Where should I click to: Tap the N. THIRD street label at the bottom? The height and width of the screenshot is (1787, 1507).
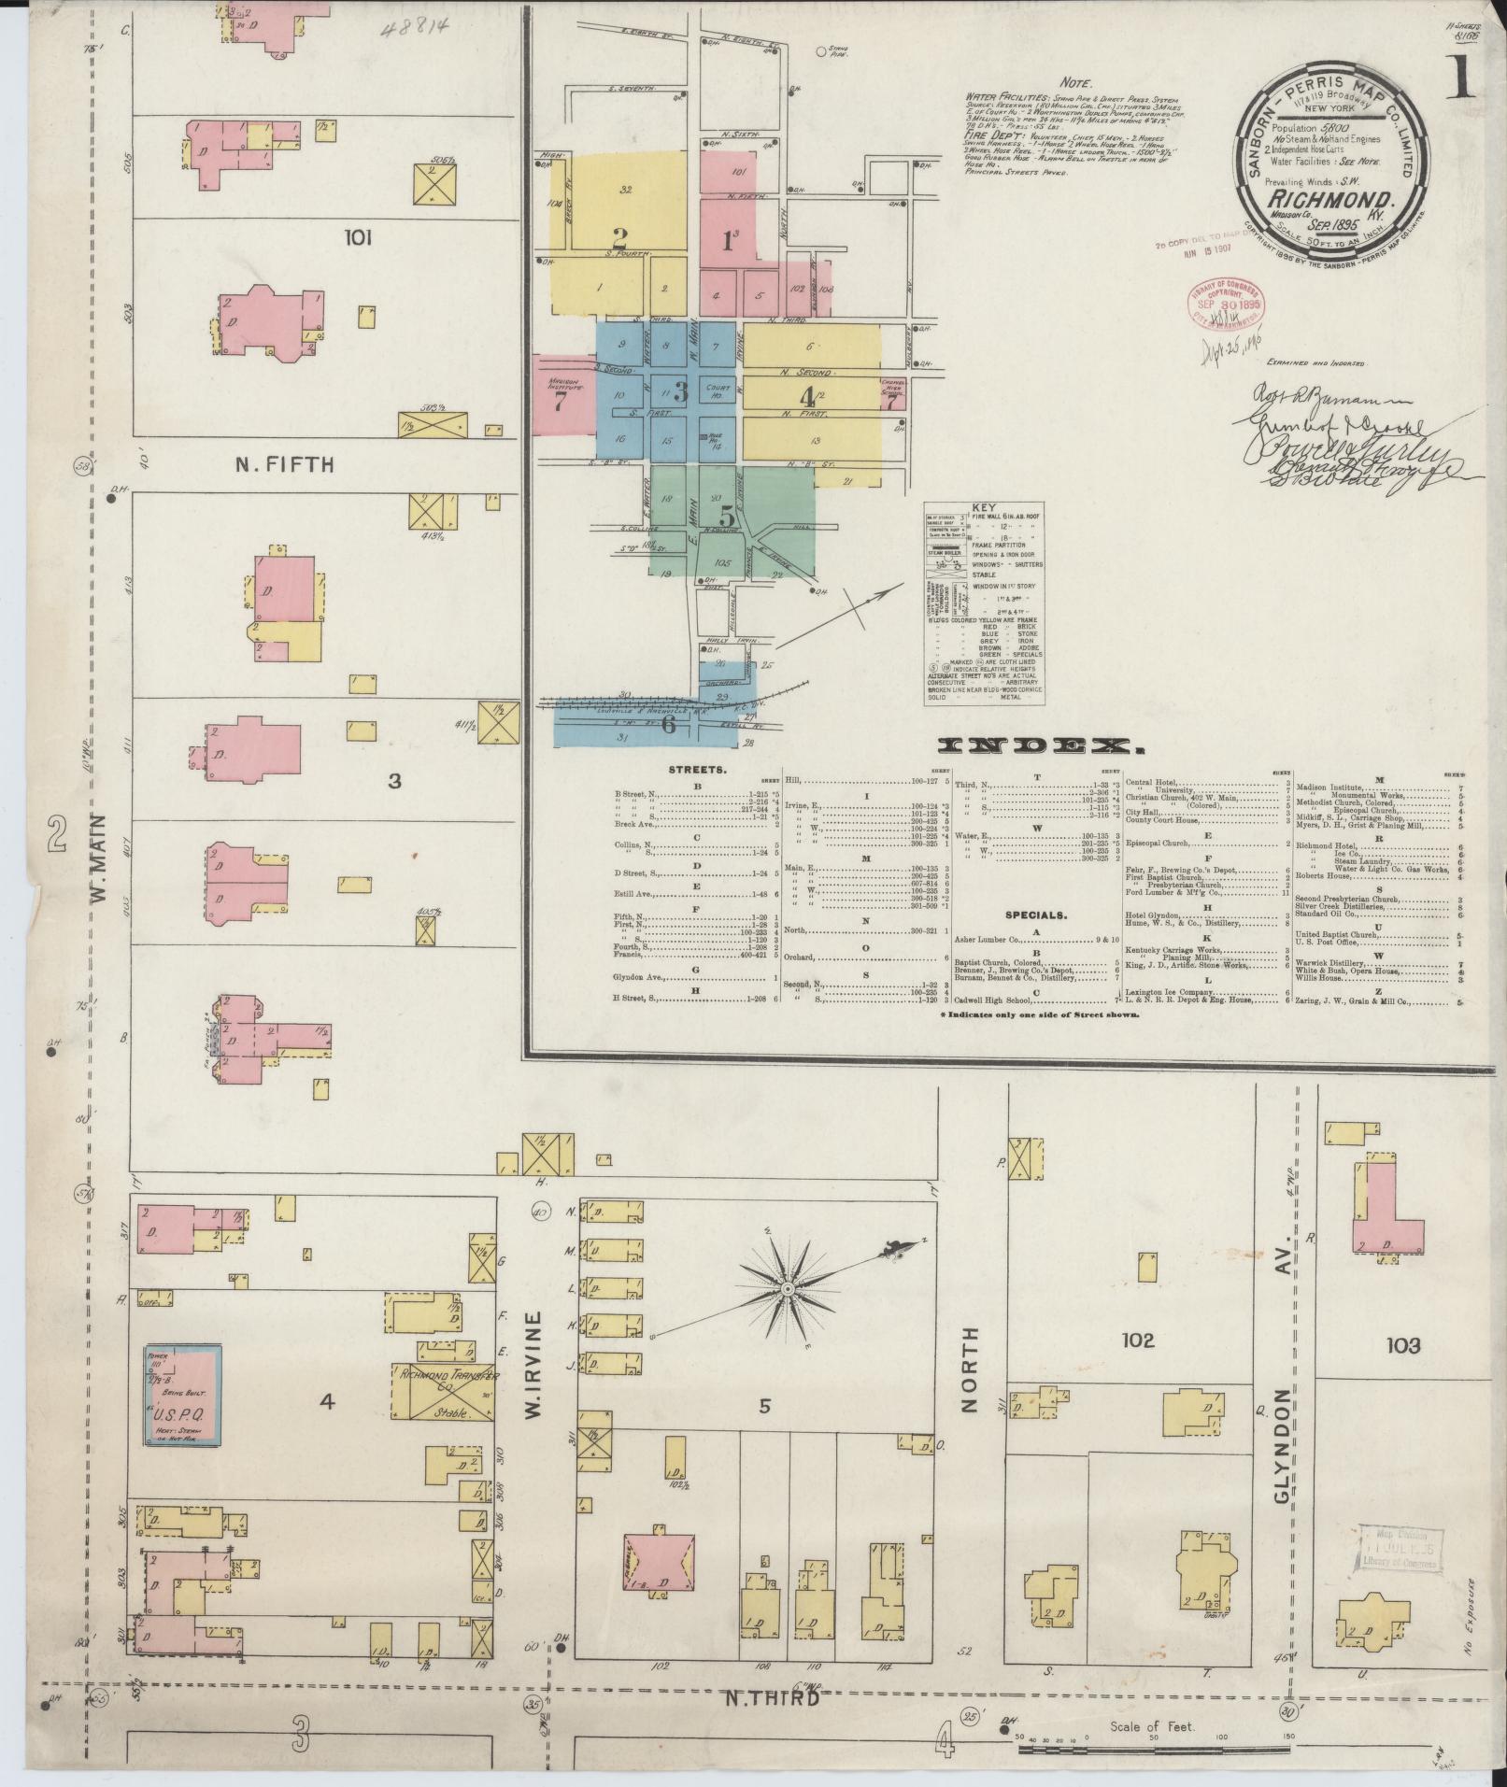click(771, 1697)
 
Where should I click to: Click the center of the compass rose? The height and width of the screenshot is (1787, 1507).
click(788, 1288)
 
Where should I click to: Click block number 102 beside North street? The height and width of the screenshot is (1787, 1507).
click(1138, 1340)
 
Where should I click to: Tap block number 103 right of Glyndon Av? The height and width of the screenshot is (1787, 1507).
click(1403, 1345)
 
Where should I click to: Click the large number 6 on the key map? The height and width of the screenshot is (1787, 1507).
click(668, 723)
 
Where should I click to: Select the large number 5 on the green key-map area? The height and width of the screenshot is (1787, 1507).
click(727, 516)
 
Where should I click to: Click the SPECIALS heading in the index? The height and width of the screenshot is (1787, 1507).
click(1035, 915)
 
